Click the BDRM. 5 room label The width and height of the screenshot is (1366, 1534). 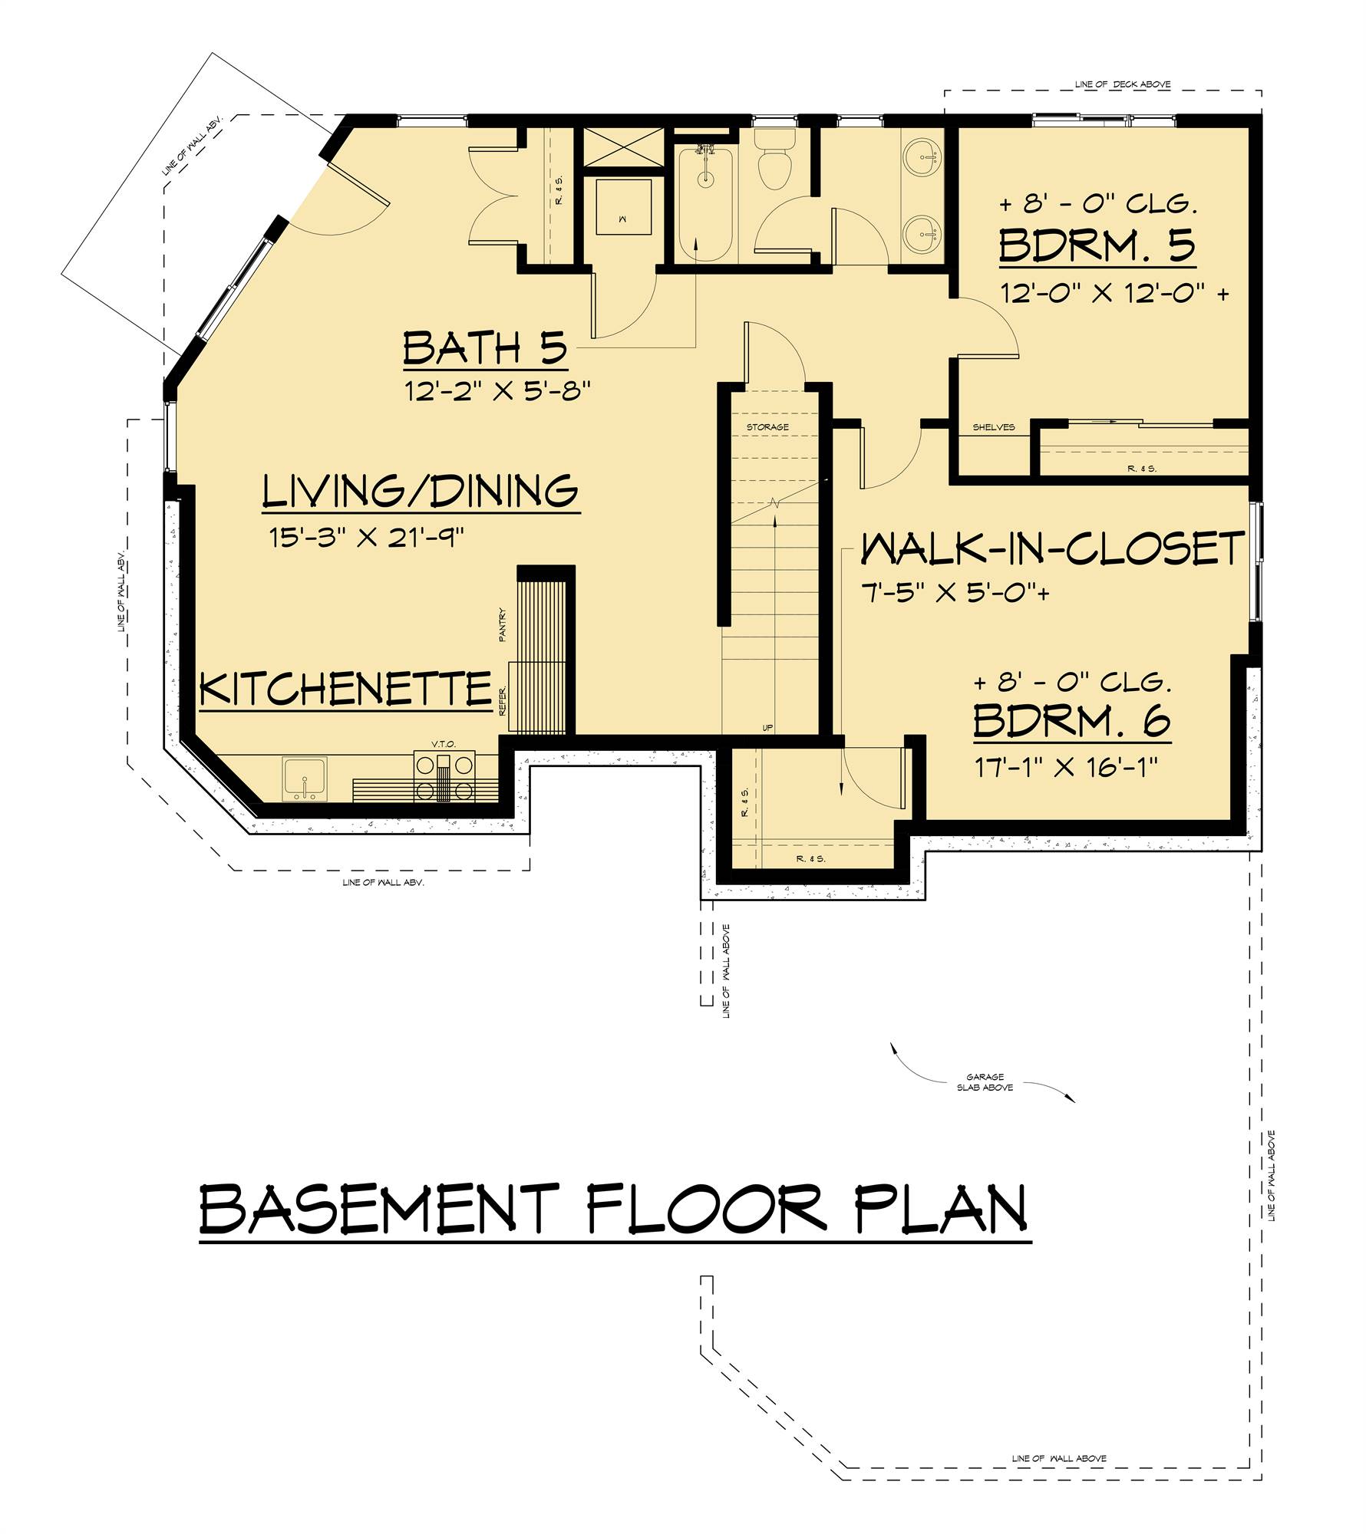click(1097, 246)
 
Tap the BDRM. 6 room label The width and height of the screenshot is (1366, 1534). click(1071, 720)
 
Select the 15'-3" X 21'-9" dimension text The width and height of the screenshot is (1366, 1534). click(367, 538)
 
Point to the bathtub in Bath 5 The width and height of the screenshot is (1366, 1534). click(705, 203)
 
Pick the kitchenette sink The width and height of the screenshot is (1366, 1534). click(305, 779)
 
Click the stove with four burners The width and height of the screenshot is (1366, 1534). click(444, 776)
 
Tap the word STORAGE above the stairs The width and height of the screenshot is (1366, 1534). click(767, 427)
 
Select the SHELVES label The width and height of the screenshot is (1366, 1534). click(993, 427)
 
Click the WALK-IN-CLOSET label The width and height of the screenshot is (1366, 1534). click(1052, 549)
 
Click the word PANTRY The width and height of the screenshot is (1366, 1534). click(503, 624)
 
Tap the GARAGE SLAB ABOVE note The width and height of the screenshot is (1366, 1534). click(985, 1082)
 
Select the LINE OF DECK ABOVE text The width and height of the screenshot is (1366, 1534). click(1123, 84)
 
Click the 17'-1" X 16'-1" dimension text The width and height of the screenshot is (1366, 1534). click(1066, 767)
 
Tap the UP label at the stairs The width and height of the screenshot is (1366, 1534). click(767, 728)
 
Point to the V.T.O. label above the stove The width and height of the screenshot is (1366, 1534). click(444, 744)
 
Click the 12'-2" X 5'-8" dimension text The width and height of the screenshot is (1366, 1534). click(497, 392)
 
